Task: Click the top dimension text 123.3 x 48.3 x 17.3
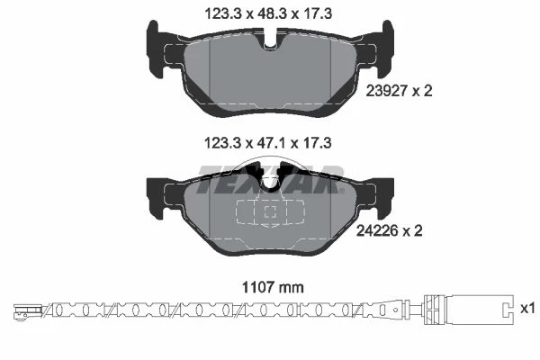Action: coord(268,14)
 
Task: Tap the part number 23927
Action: coord(387,91)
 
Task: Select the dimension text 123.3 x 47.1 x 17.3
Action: coord(268,143)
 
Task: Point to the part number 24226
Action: coord(378,230)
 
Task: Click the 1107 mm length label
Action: coord(273,287)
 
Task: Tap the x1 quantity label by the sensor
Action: coord(527,309)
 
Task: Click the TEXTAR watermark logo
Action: coord(270,179)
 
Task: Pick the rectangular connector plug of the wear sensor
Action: coord(469,310)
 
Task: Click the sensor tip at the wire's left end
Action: coord(28,310)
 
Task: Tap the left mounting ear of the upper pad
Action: coord(157,49)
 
